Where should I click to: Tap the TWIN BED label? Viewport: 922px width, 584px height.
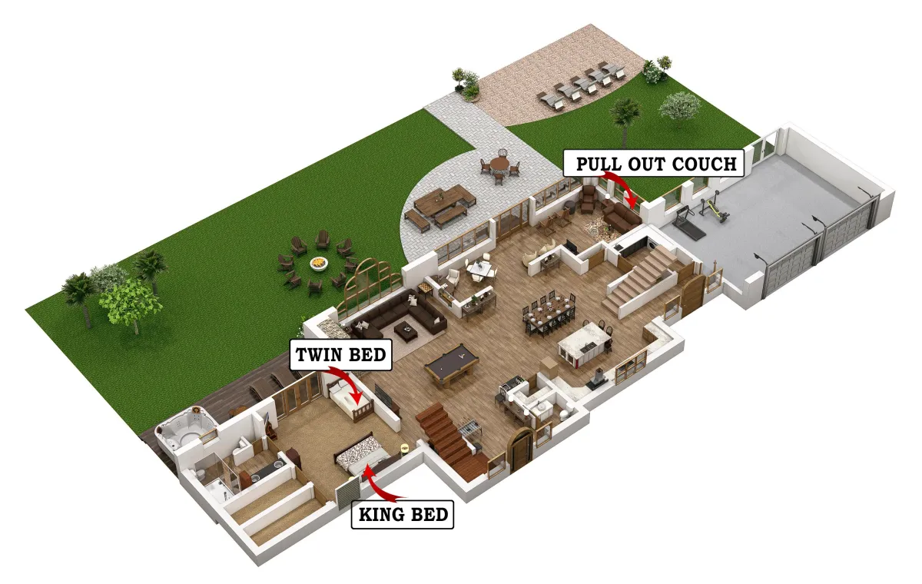point(341,354)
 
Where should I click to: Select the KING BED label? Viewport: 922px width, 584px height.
point(403,514)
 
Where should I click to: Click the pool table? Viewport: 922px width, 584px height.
point(452,366)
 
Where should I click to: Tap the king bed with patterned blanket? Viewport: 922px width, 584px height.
point(362,455)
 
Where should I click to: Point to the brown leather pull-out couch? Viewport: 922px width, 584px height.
point(621,215)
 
